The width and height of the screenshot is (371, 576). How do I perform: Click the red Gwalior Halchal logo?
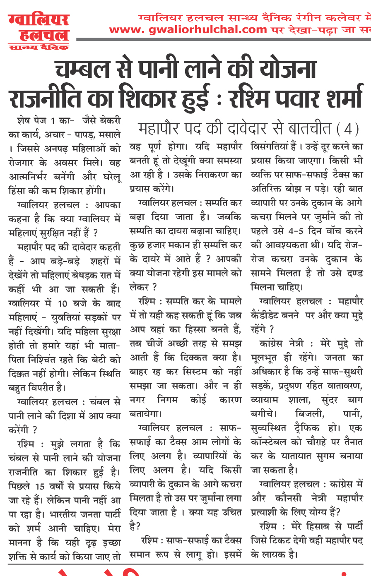pyautogui.click(x=39, y=31)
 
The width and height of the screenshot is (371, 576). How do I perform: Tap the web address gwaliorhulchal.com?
pyautogui.click(x=188, y=30)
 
